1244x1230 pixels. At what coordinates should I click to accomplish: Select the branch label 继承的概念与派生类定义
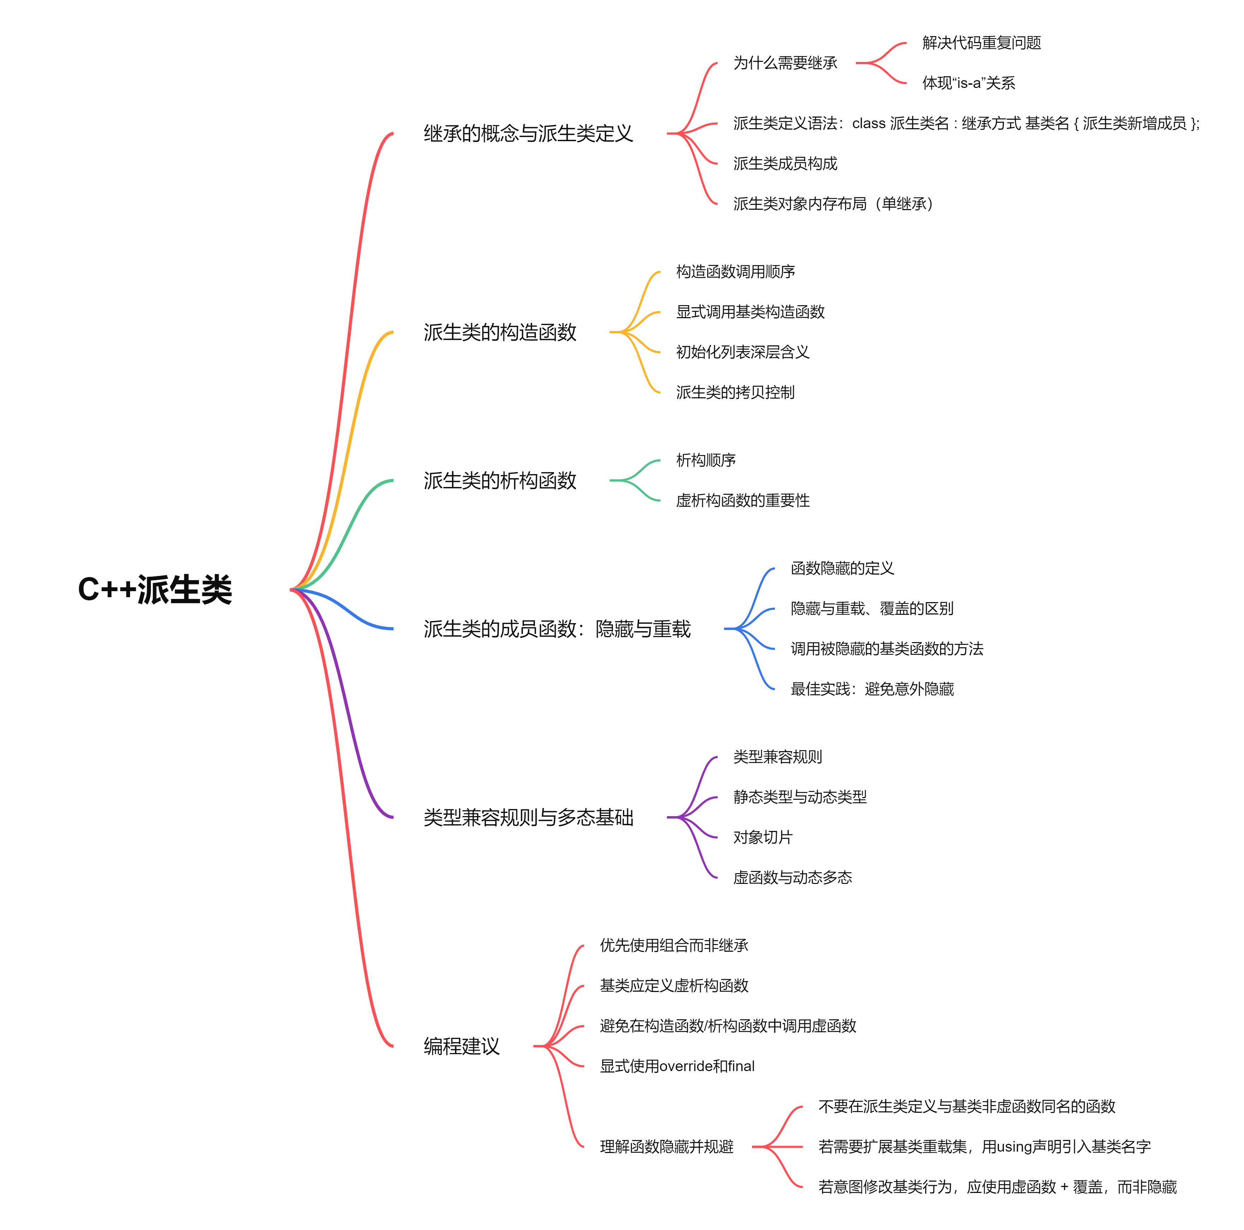click(x=528, y=133)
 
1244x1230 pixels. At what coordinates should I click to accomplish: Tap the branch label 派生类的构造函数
click(x=500, y=332)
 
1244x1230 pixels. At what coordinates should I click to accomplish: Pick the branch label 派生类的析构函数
click(x=500, y=480)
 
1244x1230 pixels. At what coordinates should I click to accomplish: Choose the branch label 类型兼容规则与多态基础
click(x=528, y=817)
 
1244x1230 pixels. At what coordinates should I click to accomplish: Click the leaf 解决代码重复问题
click(x=981, y=42)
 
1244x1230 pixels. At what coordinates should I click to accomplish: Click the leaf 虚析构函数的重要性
click(x=742, y=500)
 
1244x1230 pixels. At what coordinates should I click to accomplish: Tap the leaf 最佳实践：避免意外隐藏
click(x=872, y=689)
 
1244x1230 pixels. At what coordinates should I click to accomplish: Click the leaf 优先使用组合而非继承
click(x=674, y=945)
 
